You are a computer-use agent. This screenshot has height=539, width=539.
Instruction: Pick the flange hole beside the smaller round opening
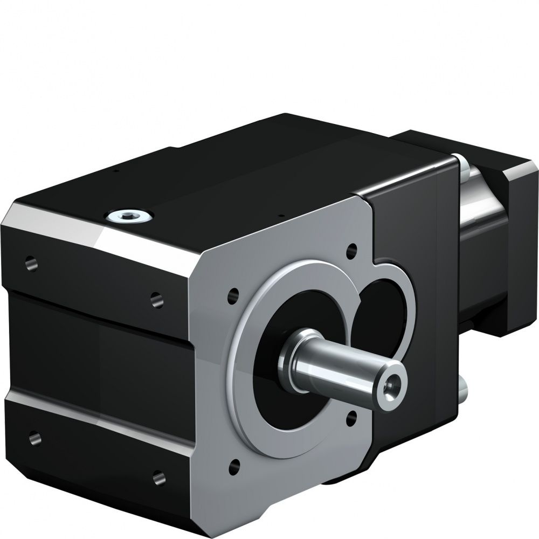point(352,250)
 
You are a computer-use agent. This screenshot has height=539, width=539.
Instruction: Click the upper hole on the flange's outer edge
point(233,294)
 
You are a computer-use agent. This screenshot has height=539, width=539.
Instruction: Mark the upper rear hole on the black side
point(30,264)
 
